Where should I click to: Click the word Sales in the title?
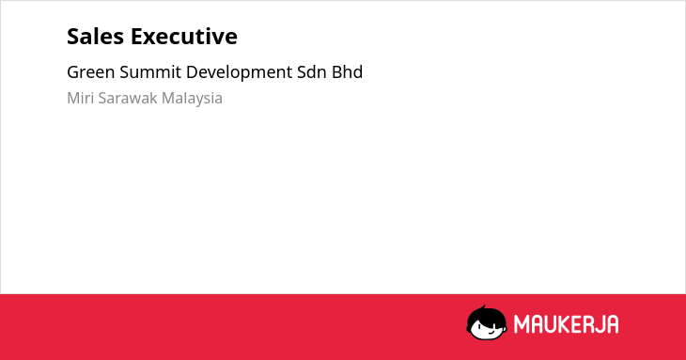click(95, 37)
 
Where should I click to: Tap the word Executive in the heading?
click(184, 37)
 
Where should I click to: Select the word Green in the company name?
click(90, 72)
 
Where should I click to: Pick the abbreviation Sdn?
click(311, 72)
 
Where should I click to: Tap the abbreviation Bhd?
click(347, 72)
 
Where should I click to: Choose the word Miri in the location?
click(81, 98)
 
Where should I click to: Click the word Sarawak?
click(128, 98)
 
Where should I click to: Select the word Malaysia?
click(192, 99)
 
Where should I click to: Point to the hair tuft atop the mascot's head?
click(483, 307)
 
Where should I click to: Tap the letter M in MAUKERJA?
click(522, 324)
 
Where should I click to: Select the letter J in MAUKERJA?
click(600, 324)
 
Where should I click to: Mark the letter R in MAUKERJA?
click(587, 324)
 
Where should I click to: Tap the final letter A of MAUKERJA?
click(613, 324)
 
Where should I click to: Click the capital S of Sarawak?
click(102, 98)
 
